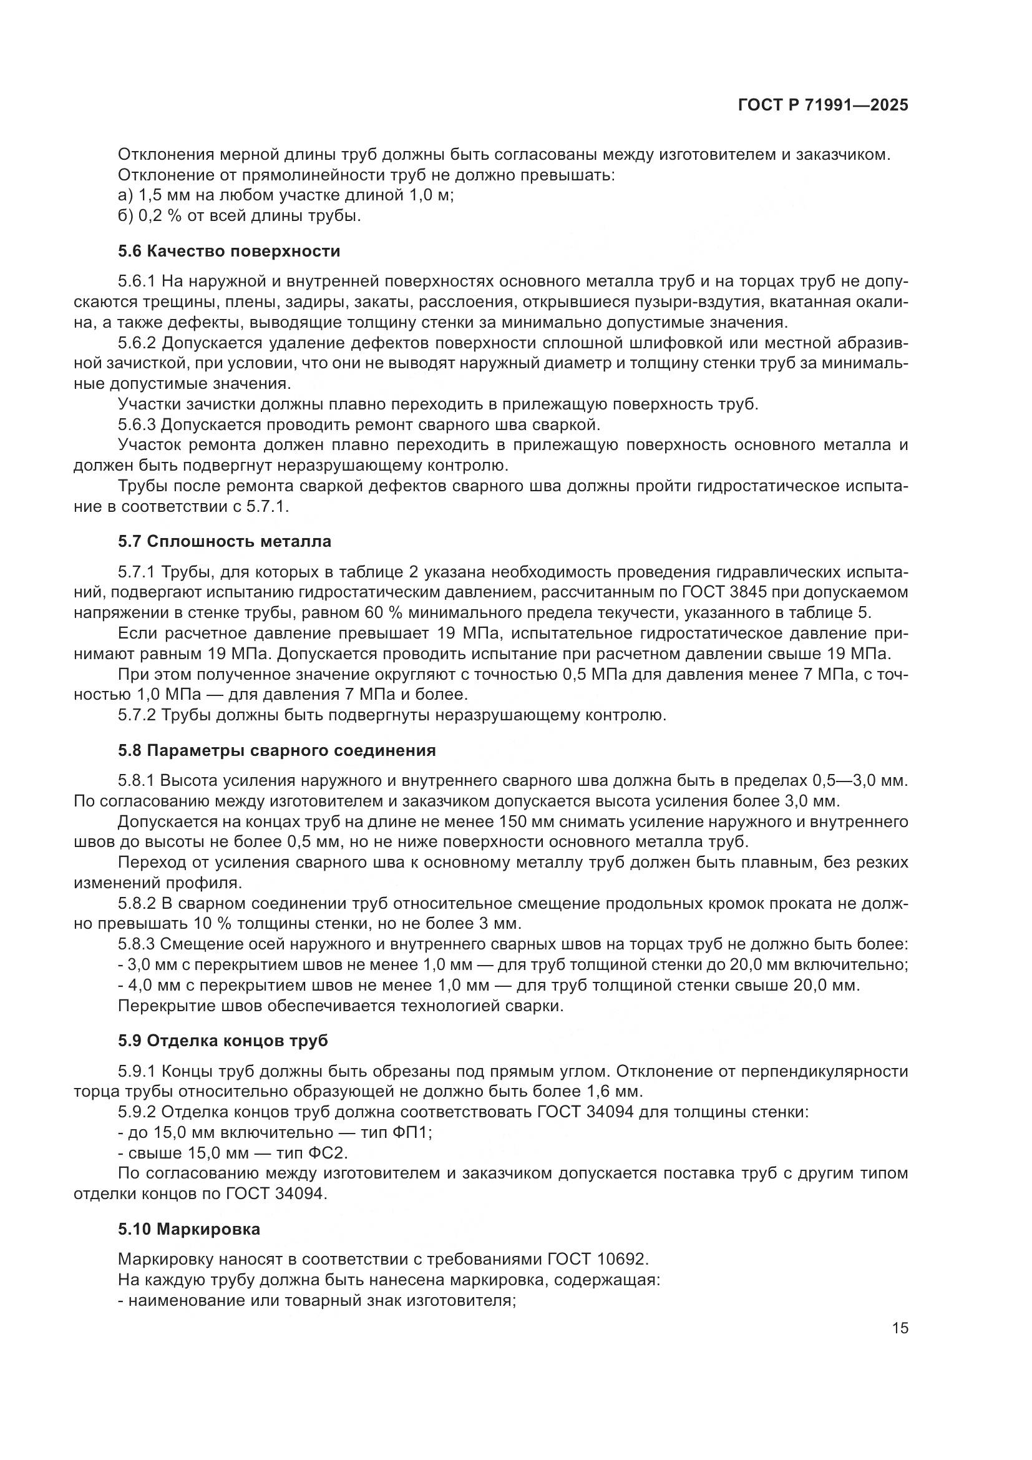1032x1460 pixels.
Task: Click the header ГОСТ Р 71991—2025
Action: [823, 105]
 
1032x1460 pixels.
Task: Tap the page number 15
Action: [900, 1328]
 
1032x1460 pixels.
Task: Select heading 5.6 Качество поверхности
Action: [229, 251]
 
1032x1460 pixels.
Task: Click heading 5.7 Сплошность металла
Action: [225, 542]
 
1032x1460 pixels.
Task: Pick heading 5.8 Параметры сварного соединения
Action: [276, 750]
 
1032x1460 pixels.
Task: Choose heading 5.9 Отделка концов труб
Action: [222, 1041]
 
